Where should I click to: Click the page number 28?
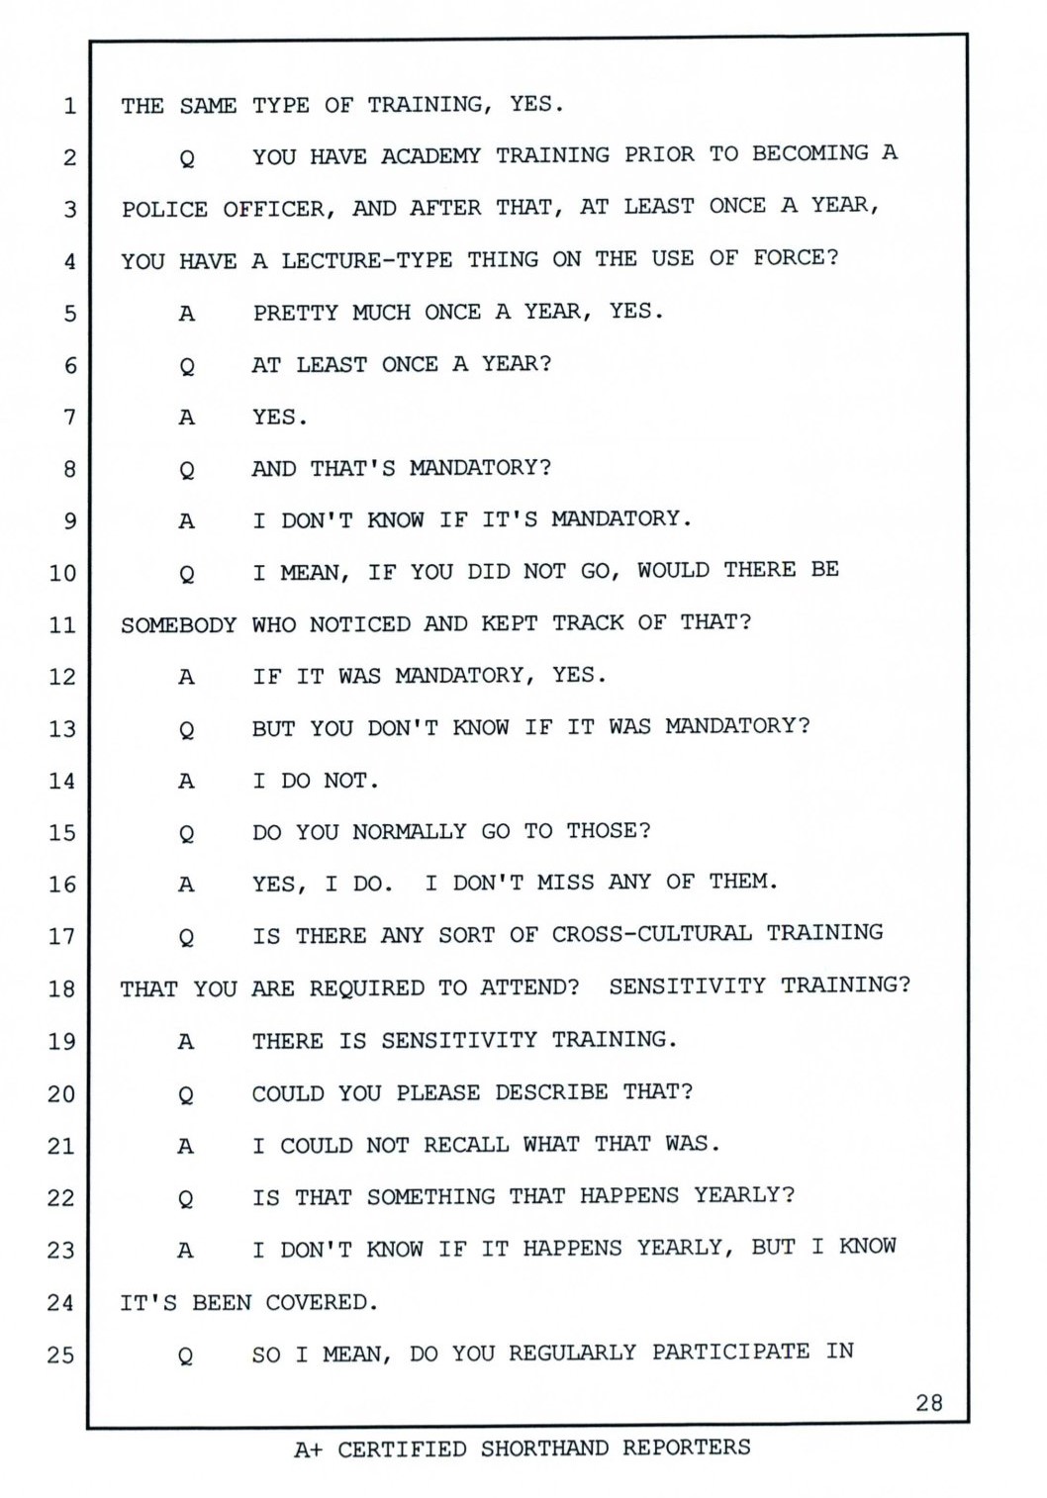coord(929,1402)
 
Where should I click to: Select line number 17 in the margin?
coord(61,936)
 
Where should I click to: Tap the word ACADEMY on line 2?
coord(430,156)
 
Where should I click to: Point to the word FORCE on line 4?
coord(795,258)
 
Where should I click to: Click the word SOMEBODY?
coord(178,625)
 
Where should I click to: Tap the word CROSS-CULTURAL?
coord(651,934)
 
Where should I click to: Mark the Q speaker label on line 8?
coord(186,470)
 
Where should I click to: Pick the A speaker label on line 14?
coord(186,781)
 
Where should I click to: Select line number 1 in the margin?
coord(68,106)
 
